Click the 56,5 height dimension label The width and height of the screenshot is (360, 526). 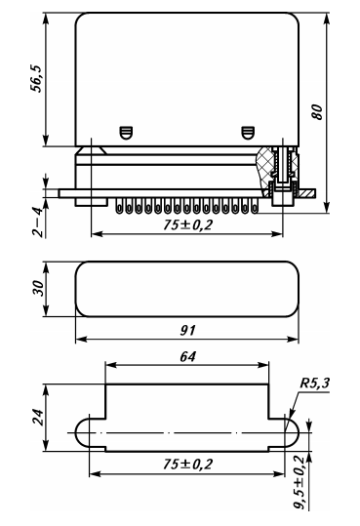coord(36,78)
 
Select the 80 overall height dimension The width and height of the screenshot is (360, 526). coord(316,112)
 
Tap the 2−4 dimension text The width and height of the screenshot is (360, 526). coord(38,223)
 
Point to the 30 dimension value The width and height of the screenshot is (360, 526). coord(38,288)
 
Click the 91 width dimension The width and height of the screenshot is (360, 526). coord(187,331)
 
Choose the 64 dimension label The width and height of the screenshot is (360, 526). coord(187,356)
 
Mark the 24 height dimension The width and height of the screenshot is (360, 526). coord(38,417)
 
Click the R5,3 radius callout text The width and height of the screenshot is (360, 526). coord(314,383)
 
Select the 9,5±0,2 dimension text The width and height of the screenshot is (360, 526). coord(300,482)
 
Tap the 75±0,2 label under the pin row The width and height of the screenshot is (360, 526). coord(188,224)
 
